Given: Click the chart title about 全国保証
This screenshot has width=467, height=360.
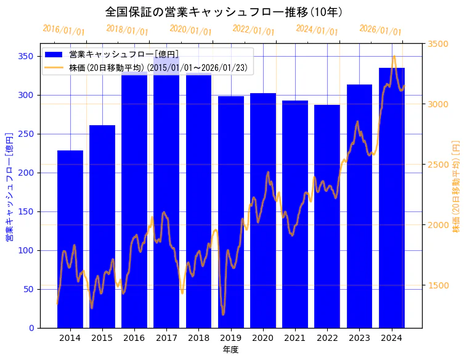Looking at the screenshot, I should coord(224,12).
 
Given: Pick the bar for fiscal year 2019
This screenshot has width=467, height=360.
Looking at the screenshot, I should coord(231,212).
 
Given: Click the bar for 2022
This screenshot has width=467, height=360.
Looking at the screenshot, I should coord(327,216).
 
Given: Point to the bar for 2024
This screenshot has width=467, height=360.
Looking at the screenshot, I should coord(392,197).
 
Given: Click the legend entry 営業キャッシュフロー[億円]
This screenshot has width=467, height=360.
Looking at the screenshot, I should coord(124,55).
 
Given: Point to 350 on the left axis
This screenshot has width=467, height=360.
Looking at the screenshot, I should coord(26,56).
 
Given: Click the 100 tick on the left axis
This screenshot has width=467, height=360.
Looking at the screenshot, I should coord(26,250).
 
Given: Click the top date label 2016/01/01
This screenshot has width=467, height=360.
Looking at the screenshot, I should coord(64,30).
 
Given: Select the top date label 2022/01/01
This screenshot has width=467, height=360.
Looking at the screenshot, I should coord(254,30).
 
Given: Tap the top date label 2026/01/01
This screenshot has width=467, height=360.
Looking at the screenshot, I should coord(380,30).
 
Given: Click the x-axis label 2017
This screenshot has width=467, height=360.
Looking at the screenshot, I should coord(166,338).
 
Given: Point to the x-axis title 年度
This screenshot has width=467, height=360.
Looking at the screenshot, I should coord(230,350).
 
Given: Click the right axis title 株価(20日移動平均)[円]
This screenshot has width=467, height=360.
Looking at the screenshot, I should coord(457,185).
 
